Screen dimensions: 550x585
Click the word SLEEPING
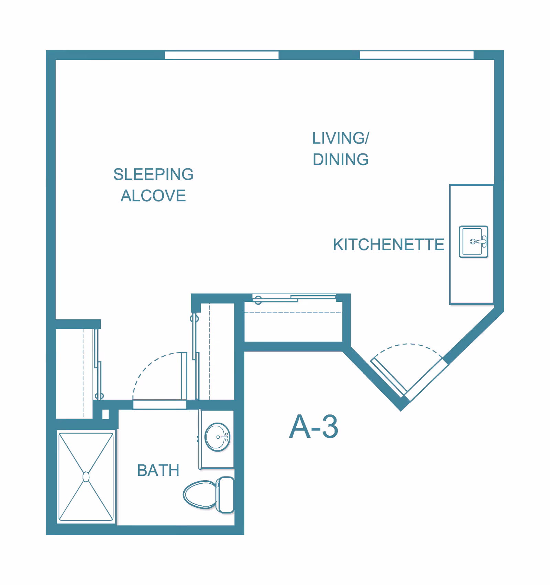click(x=153, y=174)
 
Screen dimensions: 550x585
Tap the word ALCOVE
click(x=153, y=196)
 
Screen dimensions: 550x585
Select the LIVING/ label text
click(x=341, y=138)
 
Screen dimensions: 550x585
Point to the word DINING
click(x=341, y=160)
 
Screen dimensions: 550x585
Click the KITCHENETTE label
click(x=388, y=245)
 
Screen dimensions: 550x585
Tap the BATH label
click(x=158, y=470)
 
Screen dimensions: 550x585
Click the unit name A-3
click(x=314, y=426)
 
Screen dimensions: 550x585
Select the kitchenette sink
click(x=474, y=242)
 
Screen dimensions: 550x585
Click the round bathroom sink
click(x=217, y=437)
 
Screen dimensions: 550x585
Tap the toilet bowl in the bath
click(x=200, y=495)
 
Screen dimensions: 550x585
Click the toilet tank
click(x=225, y=495)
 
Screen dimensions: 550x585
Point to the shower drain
click(x=86, y=477)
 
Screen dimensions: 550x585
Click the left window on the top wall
click(x=221, y=55)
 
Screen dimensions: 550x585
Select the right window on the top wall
click(x=417, y=55)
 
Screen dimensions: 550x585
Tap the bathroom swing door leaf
click(x=184, y=376)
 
